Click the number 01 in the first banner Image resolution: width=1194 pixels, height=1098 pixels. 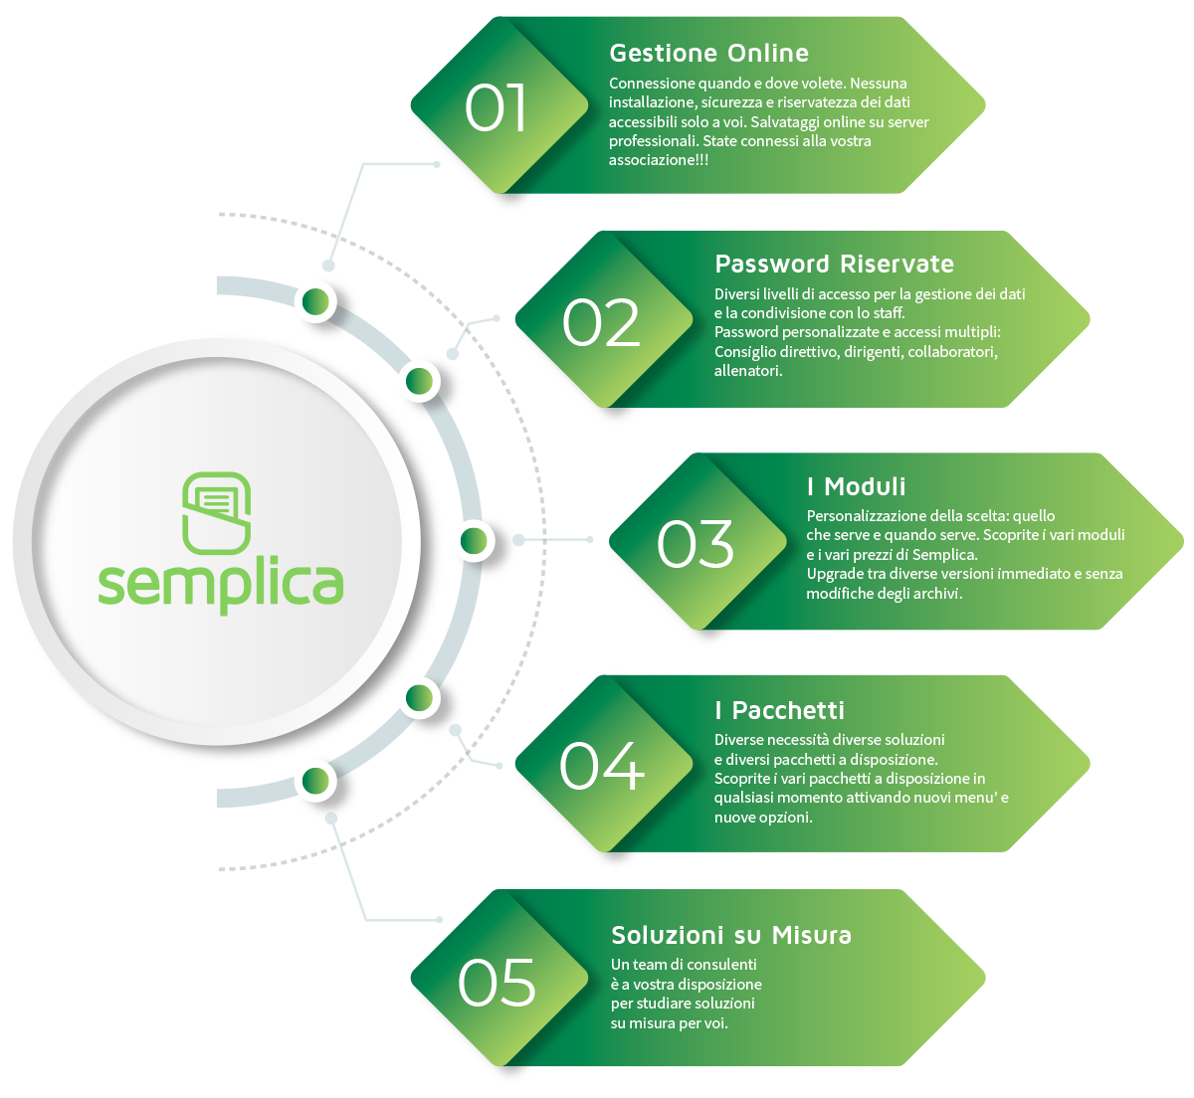click(x=496, y=107)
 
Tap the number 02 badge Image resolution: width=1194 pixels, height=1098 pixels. click(x=601, y=323)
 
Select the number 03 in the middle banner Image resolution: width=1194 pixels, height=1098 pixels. click(x=696, y=544)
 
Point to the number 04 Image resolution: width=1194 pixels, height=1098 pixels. click(x=601, y=766)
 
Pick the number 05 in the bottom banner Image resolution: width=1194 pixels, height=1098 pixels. click(x=497, y=983)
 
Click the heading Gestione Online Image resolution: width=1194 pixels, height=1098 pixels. click(x=708, y=54)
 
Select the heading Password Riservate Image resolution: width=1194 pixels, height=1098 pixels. click(x=834, y=265)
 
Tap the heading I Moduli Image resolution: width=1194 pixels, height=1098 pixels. click(x=856, y=486)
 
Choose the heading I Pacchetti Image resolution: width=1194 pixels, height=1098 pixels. click(x=779, y=710)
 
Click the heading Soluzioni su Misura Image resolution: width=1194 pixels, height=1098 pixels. click(x=730, y=936)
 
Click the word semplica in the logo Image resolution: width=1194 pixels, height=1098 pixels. click(x=220, y=584)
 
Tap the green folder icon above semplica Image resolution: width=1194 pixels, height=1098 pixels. click(x=216, y=512)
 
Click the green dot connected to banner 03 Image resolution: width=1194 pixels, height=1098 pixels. click(x=474, y=541)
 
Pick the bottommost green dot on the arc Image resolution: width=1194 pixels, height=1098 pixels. click(x=316, y=781)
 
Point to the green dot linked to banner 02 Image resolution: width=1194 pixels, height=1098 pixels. click(x=419, y=381)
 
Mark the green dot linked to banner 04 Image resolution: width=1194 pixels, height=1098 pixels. click(x=419, y=699)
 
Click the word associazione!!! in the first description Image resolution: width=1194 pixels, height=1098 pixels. click(x=659, y=160)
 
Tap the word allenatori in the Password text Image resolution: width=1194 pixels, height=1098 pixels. click(x=747, y=371)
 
